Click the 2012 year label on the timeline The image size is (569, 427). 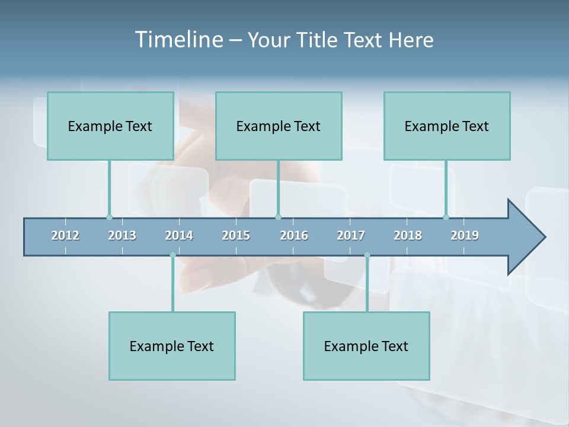[65, 235]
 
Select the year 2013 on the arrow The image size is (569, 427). [122, 235]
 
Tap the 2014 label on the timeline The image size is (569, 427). [179, 235]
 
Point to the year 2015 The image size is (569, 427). [236, 235]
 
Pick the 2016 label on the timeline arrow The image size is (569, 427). [294, 235]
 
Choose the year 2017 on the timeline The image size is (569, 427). [351, 235]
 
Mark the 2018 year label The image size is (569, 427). [408, 235]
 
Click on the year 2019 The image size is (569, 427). [465, 235]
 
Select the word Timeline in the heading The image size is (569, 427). [177, 40]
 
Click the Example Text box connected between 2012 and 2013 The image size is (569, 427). [110, 126]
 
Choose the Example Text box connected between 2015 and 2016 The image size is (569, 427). [279, 126]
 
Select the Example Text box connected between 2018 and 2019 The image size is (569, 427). [447, 126]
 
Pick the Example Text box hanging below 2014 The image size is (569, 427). [172, 346]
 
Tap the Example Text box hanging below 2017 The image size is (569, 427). [366, 346]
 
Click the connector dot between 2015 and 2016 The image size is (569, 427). [279, 217]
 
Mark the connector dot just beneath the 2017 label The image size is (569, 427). [367, 255]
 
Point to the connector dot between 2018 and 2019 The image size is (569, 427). [446, 217]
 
